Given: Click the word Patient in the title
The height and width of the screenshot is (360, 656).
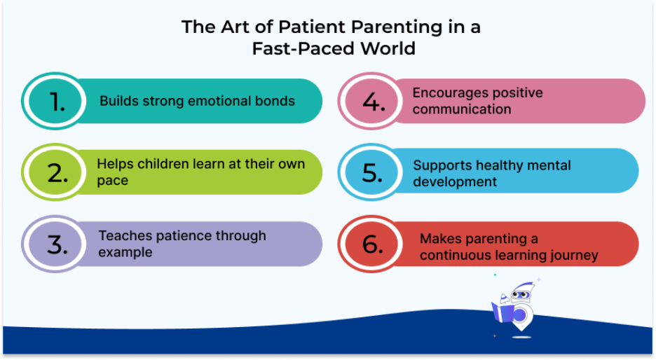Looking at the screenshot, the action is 313,27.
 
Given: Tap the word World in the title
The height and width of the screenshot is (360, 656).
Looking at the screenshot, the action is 388,48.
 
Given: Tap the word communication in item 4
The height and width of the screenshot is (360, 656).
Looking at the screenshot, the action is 462,109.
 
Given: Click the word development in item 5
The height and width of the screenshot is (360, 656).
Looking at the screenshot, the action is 455,182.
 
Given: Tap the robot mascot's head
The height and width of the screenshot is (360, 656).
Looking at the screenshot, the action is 521,293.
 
